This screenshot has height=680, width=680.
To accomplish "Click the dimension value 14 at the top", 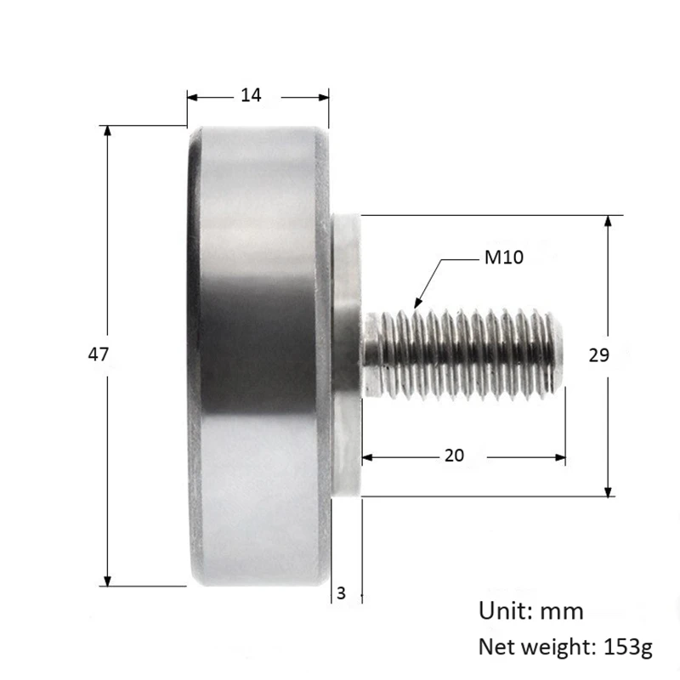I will point(251,96).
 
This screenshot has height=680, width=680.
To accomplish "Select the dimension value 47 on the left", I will point(98,354).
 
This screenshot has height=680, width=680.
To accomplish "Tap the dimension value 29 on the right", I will point(598,354).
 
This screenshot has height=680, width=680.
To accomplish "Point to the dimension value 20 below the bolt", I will point(454,456).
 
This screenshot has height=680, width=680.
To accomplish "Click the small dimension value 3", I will point(341,593).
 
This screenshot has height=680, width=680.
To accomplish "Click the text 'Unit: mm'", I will point(531,610).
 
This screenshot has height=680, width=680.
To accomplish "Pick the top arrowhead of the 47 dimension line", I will point(107,131).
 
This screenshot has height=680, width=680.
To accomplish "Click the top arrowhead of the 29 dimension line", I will point(609,221).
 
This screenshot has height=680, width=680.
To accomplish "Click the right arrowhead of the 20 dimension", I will point(560,457).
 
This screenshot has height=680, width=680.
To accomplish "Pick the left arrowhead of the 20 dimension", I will point(367,457).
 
